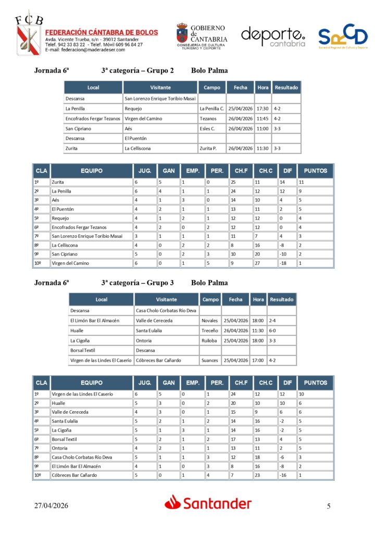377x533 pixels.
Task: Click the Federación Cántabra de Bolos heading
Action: [102, 32]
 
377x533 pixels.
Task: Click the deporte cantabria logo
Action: [273, 36]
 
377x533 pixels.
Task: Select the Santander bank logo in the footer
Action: [208, 503]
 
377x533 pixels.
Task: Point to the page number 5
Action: [329, 505]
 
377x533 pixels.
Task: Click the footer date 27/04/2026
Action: [52, 505]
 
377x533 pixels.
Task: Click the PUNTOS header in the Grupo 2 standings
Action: [316, 171]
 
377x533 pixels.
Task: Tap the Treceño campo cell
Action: [210, 331]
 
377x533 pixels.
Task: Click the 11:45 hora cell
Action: [262, 119]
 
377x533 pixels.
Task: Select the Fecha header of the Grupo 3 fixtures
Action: [235, 299]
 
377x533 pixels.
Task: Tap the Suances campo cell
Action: [210, 360]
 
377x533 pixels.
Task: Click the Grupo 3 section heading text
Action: [137, 283]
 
